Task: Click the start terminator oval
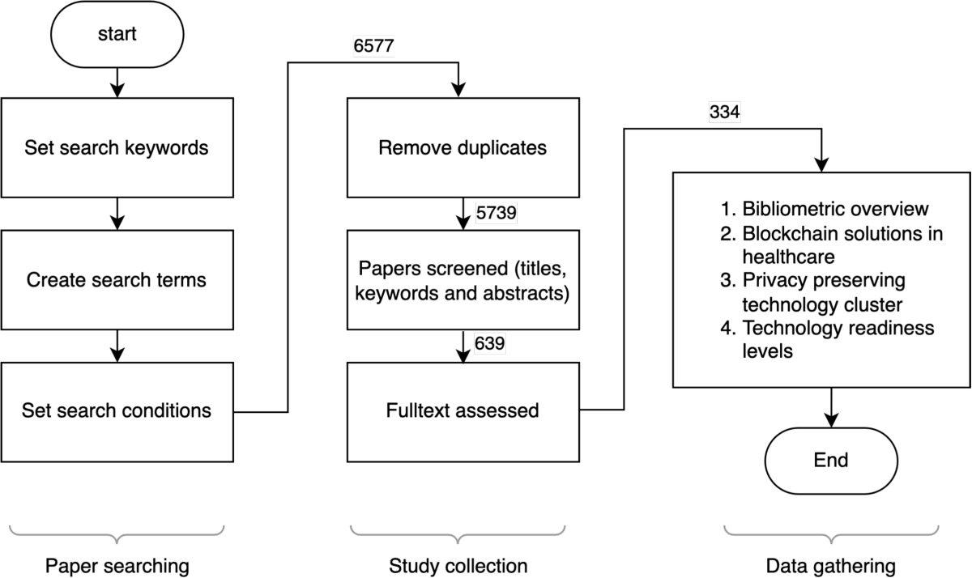117,35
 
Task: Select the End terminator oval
831,460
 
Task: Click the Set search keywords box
117,148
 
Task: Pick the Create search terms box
117,280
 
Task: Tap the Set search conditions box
117,410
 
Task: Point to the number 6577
373,46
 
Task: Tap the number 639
490,343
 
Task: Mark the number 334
723,113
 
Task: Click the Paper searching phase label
117,565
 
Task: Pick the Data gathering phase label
831,565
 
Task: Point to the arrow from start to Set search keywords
117,81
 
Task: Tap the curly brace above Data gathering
831,532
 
